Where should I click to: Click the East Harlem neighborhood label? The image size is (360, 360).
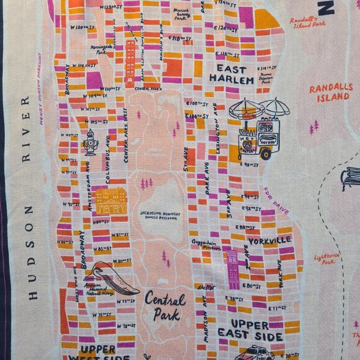231,74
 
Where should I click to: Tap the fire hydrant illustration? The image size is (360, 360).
91,143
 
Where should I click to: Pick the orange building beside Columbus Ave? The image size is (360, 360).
111,200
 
